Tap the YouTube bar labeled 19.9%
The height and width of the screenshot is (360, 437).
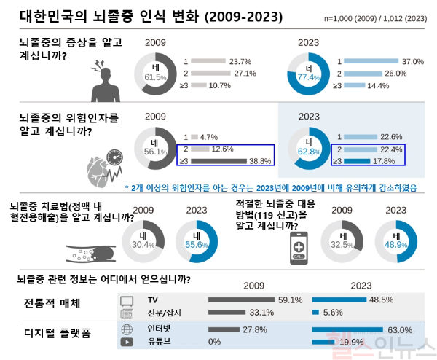coord(323,341)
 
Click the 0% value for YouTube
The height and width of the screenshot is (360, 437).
coord(215,341)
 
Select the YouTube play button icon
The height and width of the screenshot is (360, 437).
coord(126,341)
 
